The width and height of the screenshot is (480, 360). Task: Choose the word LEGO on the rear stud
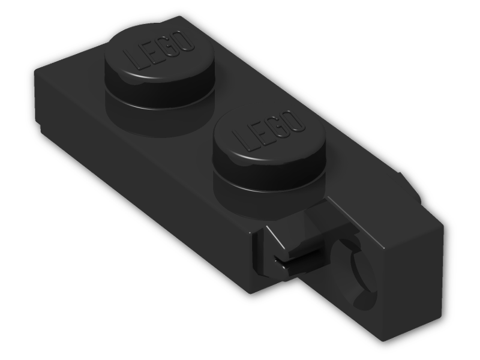pos(159,50)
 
